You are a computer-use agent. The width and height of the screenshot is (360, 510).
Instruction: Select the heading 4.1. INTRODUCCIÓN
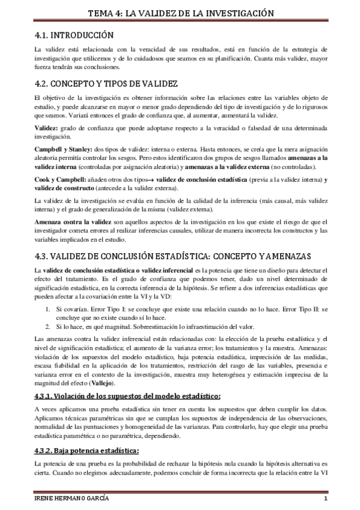(75, 35)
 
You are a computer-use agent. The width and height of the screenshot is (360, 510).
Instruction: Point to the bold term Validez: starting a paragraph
(46, 130)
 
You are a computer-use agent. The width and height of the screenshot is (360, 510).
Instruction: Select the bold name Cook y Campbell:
(59, 179)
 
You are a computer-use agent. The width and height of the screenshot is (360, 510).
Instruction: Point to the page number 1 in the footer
(325, 499)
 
